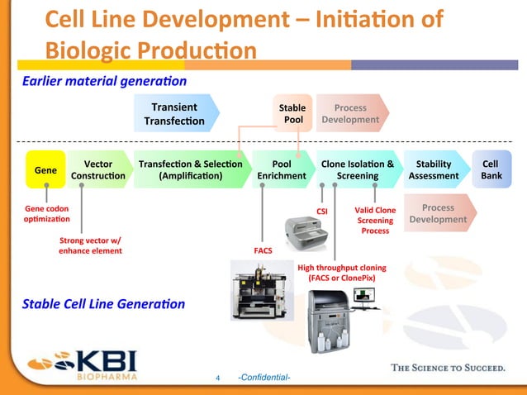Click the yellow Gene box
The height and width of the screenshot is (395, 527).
click(45, 169)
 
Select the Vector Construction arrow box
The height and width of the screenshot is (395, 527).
click(97, 169)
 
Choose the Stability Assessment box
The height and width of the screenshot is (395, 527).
click(434, 169)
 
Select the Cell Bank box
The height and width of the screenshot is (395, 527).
click(491, 169)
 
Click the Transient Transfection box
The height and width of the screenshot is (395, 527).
click(174, 113)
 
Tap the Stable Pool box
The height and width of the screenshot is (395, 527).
click(292, 113)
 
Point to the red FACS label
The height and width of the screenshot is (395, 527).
click(263, 249)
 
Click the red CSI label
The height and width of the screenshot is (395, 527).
click(324, 211)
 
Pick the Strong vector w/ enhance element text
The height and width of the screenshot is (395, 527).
click(90, 245)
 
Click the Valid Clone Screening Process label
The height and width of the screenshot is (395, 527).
click(375, 221)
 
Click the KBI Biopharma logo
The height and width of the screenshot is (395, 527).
click(83, 364)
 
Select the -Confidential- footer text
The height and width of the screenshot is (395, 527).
click(263, 378)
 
